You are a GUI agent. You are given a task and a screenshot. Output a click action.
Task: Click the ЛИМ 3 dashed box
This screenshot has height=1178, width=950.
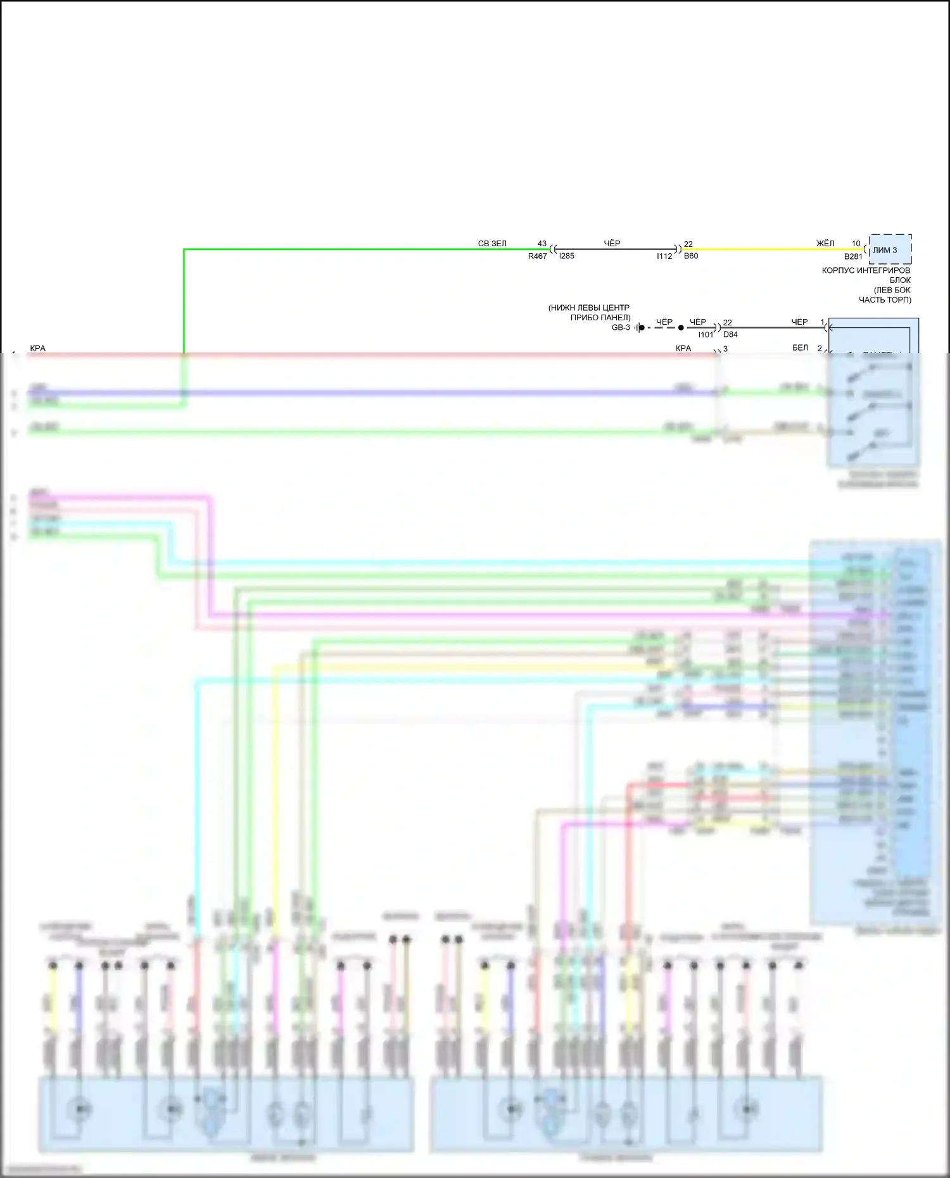[890, 249]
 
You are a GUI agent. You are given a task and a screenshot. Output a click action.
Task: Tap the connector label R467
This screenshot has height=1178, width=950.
[537, 256]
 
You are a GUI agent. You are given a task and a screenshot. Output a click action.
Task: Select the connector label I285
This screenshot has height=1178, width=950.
[567, 256]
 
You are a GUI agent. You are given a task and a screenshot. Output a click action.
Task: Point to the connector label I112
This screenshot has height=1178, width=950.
[664, 256]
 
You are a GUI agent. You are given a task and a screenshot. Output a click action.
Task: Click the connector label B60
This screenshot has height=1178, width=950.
[691, 256]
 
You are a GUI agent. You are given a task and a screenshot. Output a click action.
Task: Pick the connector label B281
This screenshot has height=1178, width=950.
[853, 257]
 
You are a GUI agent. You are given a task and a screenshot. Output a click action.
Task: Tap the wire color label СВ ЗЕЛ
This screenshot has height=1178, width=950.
[492, 244]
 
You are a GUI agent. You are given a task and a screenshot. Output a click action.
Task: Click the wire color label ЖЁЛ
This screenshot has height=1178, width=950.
[825, 244]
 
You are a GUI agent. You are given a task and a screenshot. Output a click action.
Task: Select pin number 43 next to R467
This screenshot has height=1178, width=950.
[542, 244]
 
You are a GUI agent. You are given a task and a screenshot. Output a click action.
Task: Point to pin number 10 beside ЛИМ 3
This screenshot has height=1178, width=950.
[856, 244]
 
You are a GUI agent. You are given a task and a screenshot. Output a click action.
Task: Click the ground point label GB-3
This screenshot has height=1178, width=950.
[621, 328]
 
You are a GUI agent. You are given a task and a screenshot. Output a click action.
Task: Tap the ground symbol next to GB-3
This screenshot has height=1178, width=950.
[640, 328]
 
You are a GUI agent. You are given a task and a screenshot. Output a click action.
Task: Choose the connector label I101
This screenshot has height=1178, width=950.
[706, 335]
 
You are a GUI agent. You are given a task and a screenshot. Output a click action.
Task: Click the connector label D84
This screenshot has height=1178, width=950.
[730, 335]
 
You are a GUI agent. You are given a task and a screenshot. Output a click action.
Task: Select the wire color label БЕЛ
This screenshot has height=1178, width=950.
[801, 348]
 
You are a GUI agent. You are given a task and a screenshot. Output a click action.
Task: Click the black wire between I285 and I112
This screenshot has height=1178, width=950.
[614, 249]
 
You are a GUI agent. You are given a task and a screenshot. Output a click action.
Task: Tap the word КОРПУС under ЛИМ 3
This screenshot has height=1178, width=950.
[839, 271]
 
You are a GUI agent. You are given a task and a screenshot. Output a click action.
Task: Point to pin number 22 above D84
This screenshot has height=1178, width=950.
[728, 323]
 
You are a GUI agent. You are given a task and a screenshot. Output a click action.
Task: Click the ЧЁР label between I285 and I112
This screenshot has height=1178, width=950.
[612, 244]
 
